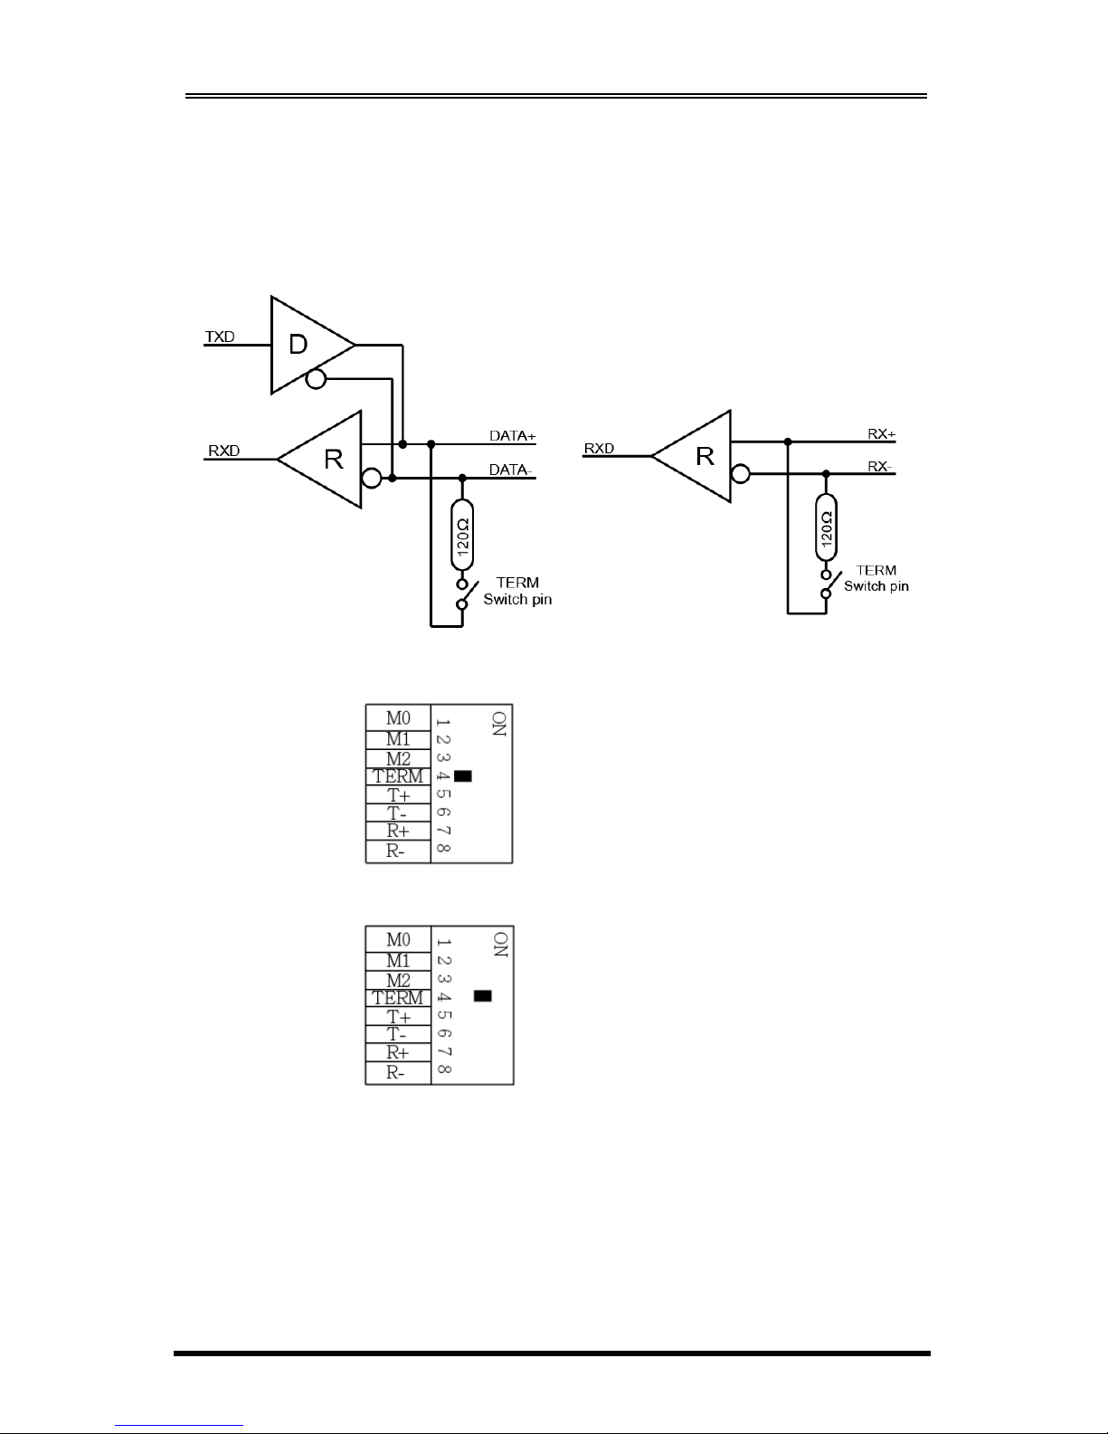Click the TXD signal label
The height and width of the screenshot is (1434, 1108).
tap(220, 337)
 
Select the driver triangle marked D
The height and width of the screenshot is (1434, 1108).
tap(303, 345)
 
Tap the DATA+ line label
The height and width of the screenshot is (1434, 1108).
tap(513, 436)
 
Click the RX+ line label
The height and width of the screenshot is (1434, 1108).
tap(881, 434)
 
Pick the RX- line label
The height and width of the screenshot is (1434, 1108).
tap(880, 467)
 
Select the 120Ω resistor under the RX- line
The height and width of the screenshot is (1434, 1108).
tap(826, 527)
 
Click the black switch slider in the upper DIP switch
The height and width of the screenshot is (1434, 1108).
tap(464, 775)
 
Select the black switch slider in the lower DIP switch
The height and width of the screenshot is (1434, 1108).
tap(483, 996)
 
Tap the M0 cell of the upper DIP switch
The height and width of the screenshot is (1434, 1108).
tap(398, 717)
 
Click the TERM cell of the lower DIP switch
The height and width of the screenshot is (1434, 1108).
tap(398, 997)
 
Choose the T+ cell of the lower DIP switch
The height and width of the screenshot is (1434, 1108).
tap(398, 1016)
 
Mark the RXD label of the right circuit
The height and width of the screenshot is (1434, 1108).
tap(599, 448)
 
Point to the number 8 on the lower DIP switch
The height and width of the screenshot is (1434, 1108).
tap(443, 1071)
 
